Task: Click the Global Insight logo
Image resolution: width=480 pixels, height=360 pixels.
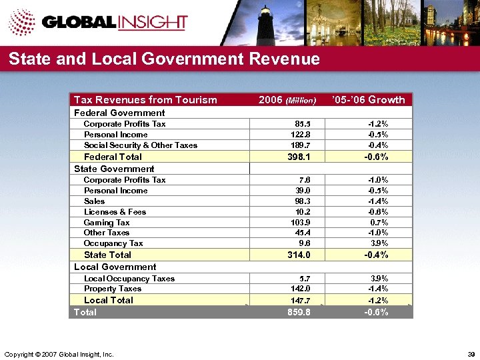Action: point(100,22)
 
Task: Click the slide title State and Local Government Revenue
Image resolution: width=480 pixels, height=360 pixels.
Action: point(164,59)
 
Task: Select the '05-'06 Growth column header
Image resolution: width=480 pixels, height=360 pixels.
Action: point(368,100)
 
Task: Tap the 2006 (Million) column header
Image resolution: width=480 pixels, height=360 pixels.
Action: point(287,100)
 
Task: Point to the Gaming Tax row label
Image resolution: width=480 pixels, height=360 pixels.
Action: point(107,223)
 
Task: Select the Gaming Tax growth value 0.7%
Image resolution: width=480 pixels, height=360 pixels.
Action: point(379,223)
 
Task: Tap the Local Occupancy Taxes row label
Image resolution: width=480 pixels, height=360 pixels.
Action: point(129,279)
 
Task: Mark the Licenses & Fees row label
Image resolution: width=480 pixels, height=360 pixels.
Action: point(115,212)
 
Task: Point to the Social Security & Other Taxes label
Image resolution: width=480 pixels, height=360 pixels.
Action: point(141,145)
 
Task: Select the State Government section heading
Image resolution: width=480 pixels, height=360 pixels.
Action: point(114,169)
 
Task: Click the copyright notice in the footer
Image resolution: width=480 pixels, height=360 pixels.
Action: point(59,353)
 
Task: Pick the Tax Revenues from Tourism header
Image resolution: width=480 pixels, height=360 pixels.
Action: point(145,100)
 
